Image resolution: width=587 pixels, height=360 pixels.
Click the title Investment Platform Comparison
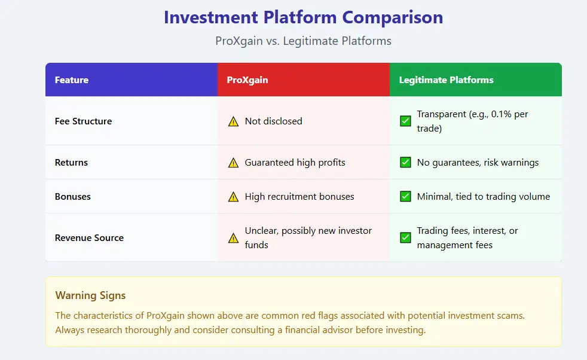(x=303, y=17)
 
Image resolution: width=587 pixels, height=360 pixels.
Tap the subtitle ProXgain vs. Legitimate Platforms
(x=303, y=41)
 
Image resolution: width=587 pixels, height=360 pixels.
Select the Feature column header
(x=72, y=80)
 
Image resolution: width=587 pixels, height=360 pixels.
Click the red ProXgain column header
(x=247, y=80)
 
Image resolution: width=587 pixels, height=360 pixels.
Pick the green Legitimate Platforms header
(x=446, y=80)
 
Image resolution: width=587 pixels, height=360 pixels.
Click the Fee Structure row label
(x=84, y=121)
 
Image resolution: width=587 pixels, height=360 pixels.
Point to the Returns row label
(x=71, y=162)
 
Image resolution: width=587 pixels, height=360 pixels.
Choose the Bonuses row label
(x=73, y=196)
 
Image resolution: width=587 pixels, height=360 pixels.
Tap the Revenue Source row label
(x=89, y=237)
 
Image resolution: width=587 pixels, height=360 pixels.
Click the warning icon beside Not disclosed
(x=233, y=121)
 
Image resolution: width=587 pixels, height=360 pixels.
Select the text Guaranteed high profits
(x=295, y=162)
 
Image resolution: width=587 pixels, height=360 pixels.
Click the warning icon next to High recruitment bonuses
(x=233, y=197)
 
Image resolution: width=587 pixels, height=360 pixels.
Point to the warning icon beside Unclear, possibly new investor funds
(x=233, y=238)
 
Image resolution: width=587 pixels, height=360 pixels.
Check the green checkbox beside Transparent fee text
(x=405, y=121)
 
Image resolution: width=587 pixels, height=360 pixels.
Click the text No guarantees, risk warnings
(x=478, y=162)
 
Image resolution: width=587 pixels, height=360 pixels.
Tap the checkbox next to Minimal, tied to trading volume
(x=405, y=196)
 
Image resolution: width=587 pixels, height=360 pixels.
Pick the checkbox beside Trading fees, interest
(x=405, y=237)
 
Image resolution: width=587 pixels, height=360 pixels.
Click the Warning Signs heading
(x=90, y=295)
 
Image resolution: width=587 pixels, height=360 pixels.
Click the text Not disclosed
(x=273, y=121)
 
